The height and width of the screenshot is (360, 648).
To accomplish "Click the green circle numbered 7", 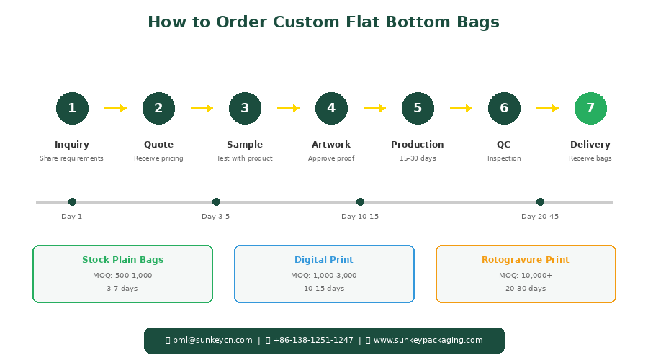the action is (590, 108).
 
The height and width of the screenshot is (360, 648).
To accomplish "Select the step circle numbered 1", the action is (72, 108).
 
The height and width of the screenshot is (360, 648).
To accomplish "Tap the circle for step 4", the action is (331, 108).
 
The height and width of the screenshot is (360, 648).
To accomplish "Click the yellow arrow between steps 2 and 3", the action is (202, 108).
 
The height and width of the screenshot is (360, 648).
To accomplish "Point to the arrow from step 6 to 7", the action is (548, 108).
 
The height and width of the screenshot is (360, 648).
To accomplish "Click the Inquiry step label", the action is (72, 145).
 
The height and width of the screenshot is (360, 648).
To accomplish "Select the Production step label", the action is (418, 144).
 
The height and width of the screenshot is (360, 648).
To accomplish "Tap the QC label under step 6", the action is (503, 145).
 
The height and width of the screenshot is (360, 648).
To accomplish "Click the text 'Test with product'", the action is (245, 158).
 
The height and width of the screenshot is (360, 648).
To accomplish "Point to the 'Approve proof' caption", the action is (331, 158).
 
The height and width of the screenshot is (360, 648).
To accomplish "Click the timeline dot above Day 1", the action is (72, 202).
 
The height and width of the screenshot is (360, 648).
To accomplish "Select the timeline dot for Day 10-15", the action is (361, 202).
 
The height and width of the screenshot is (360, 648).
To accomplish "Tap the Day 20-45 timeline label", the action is (540, 217).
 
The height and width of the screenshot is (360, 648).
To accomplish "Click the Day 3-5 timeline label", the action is (216, 217).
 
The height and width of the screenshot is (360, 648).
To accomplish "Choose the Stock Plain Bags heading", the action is (122, 260).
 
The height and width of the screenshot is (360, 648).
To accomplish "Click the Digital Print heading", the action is (324, 260).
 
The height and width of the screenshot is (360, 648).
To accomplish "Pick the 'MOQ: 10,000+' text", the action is (526, 275).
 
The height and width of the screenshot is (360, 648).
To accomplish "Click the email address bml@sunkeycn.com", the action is (212, 340).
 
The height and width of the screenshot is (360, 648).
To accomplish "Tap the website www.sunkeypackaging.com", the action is (428, 340).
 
